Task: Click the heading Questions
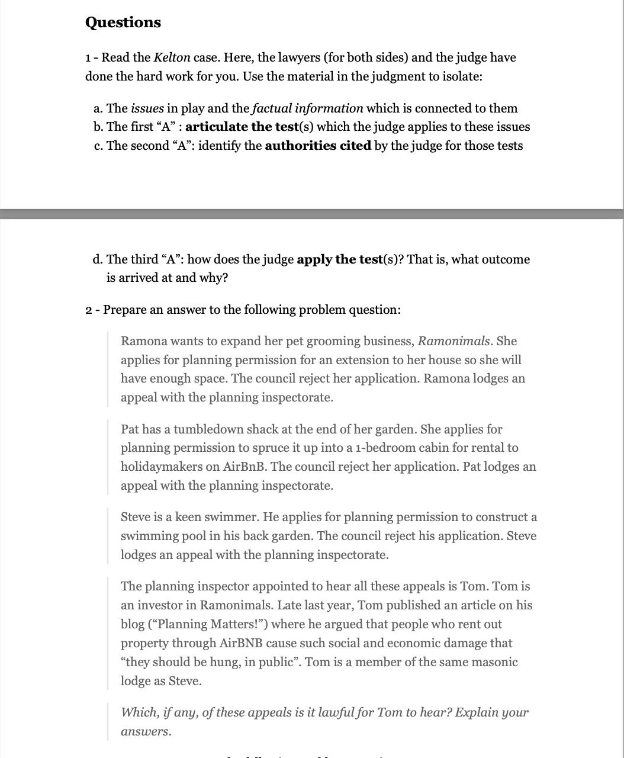[x=123, y=23]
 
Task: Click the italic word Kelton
[x=172, y=57]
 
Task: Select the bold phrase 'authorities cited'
[x=318, y=146]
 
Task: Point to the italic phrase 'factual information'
[x=307, y=108]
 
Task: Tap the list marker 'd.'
[x=99, y=259]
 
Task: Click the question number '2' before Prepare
[x=89, y=310]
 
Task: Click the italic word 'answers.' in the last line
[x=146, y=731]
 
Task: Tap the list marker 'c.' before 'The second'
[x=99, y=146]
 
